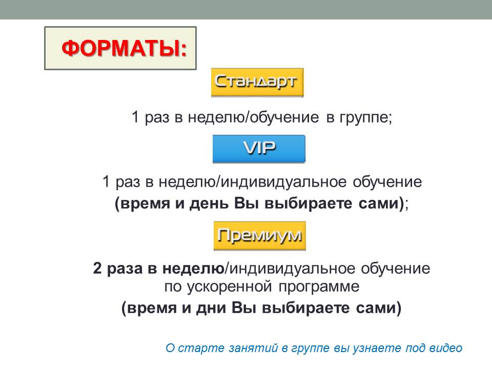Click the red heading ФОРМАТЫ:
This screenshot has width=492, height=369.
[x=124, y=48]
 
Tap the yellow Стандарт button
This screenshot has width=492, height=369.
[x=257, y=82]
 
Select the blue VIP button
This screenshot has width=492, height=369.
[x=259, y=149]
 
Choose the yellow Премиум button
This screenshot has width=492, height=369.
[x=260, y=236]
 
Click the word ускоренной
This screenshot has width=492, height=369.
[x=230, y=287]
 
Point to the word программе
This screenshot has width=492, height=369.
[x=319, y=287]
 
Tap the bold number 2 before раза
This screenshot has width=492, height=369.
[x=97, y=268]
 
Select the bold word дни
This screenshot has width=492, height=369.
[x=211, y=308]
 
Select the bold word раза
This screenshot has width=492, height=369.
[x=125, y=269]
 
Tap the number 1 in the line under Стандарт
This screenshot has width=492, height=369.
[x=135, y=117]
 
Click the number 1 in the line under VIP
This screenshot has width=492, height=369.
[x=106, y=181]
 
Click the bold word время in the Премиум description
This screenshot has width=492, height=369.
[x=152, y=308]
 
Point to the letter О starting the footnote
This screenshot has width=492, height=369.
[x=170, y=348]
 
